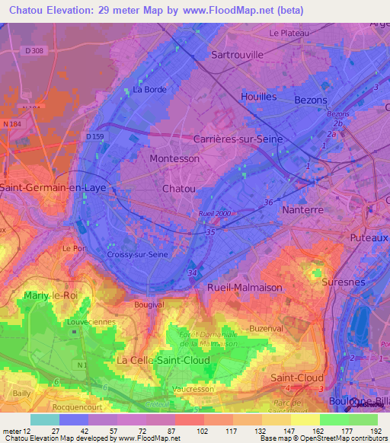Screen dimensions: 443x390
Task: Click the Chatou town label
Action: click(179, 188)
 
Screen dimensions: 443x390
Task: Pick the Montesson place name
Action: click(174, 159)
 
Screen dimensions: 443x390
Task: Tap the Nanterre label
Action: click(303, 209)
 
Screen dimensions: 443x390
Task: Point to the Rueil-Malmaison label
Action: click(245, 288)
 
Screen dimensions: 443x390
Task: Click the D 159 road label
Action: click(94, 136)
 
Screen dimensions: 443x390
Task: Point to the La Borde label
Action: click(149, 89)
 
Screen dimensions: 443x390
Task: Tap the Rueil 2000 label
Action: click(214, 214)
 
